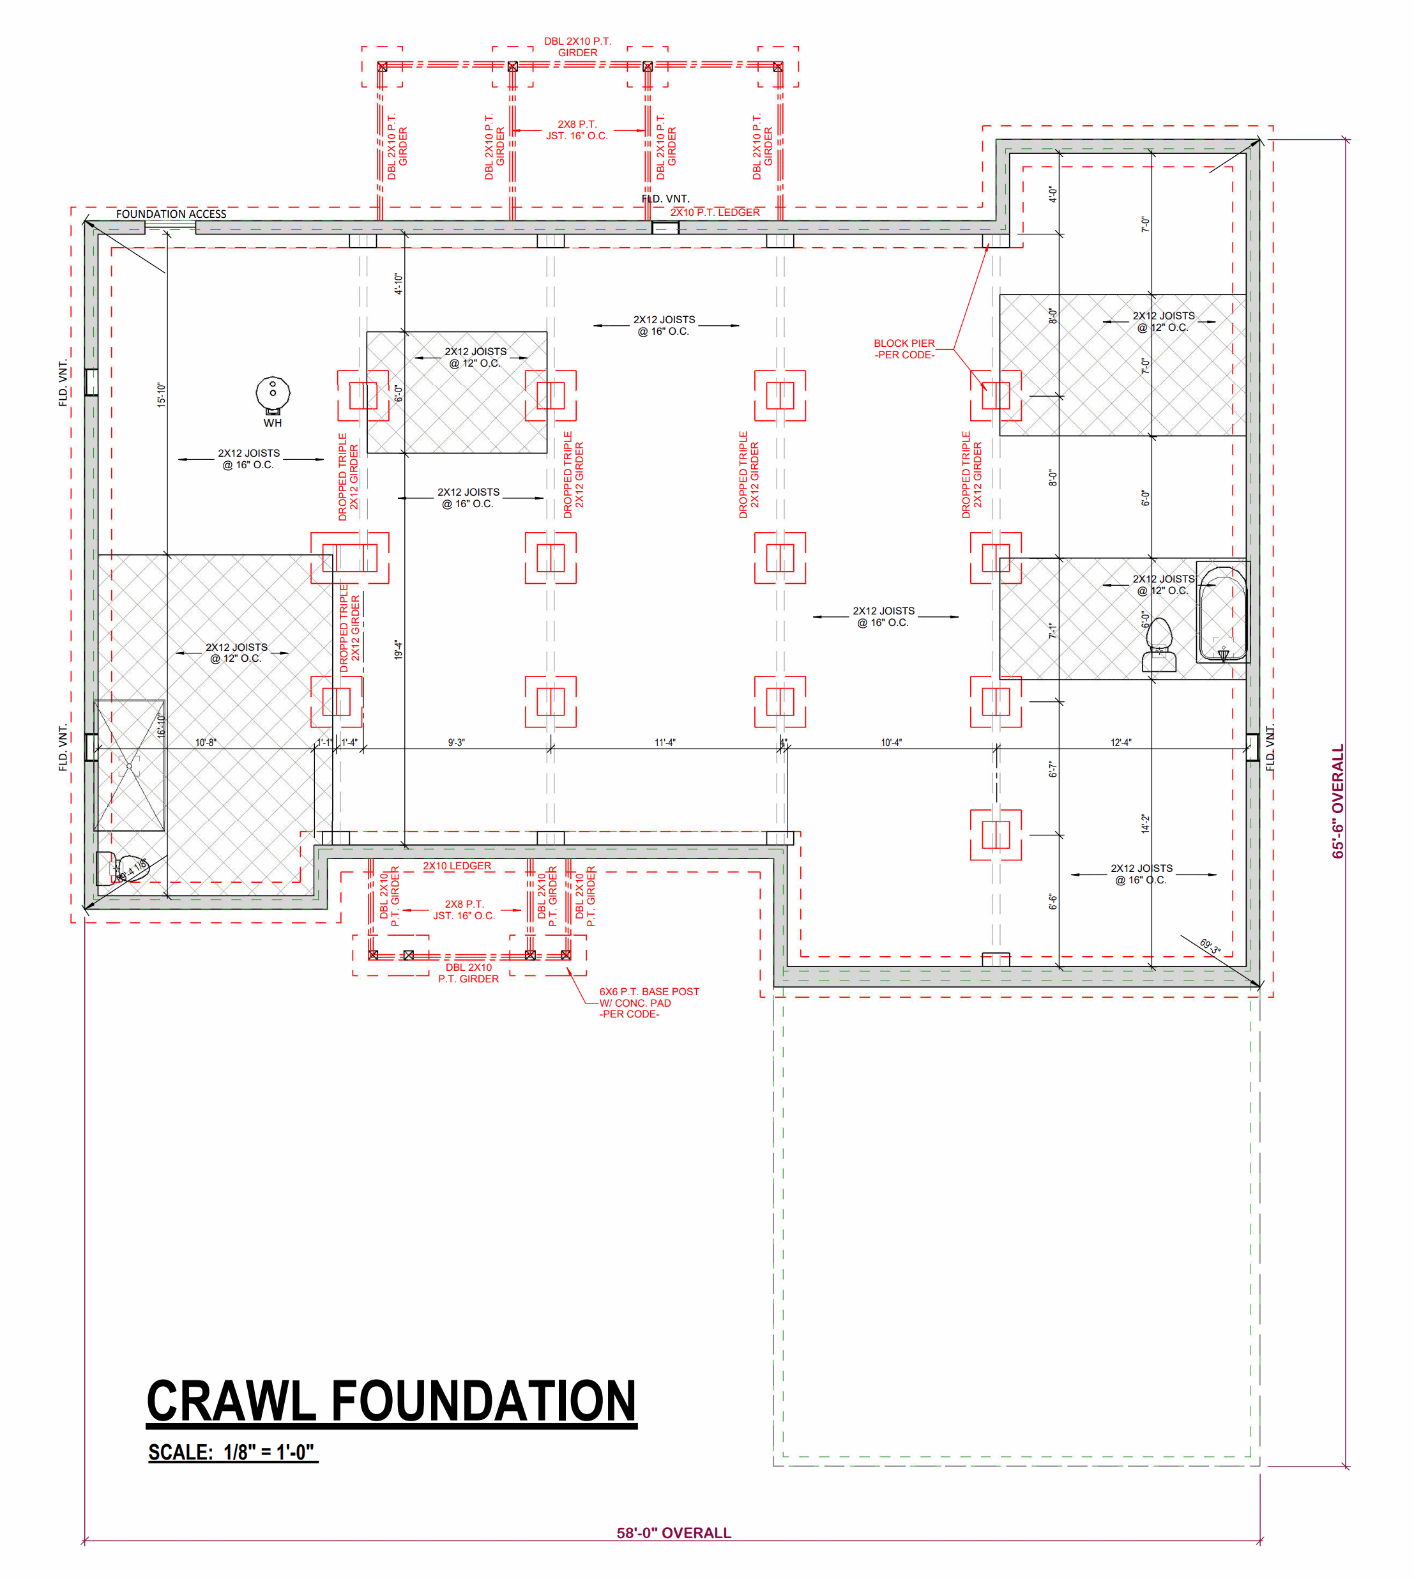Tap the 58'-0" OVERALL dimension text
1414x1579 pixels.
pos(674,1532)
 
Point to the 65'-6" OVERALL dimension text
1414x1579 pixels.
pos(1337,801)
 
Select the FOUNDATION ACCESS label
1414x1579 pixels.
pos(171,214)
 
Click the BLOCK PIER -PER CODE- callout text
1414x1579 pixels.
pos(904,349)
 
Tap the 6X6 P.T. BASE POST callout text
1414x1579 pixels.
pos(649,1002)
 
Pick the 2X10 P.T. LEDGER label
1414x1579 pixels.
pos(715,212)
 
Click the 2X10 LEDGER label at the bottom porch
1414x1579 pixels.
pos(457,866)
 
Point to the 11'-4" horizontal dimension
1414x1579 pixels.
pos(665,742)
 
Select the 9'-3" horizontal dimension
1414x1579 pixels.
pos(456,742)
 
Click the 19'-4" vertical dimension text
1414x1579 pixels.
pos(398,650)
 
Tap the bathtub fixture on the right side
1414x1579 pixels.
pos(1222,611)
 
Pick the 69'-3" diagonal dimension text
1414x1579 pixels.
pos(1210,947)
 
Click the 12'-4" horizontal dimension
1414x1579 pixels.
pos(1120,742)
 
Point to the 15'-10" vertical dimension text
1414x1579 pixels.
pos(161,395)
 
